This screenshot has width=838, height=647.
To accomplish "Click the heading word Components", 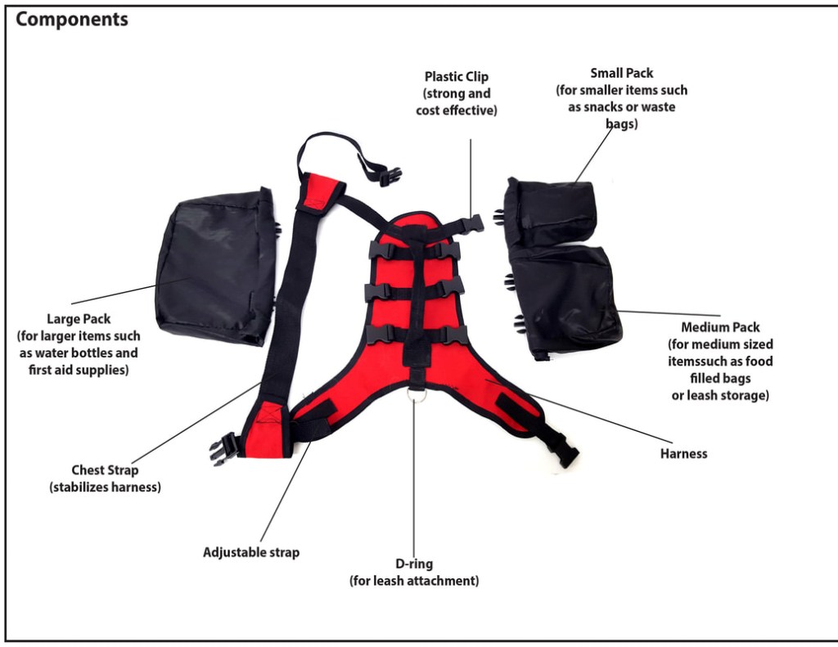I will coord(72,20).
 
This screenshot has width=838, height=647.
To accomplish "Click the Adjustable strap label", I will coord(251,552).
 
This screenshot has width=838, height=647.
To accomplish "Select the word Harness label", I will coord(683,453).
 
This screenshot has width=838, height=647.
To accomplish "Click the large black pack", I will coord(214,266).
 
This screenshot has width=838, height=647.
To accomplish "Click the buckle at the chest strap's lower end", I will coord(223,448).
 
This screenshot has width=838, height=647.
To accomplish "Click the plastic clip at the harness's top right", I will coord(471,222).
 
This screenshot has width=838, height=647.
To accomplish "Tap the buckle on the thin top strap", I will coord(388,174).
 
